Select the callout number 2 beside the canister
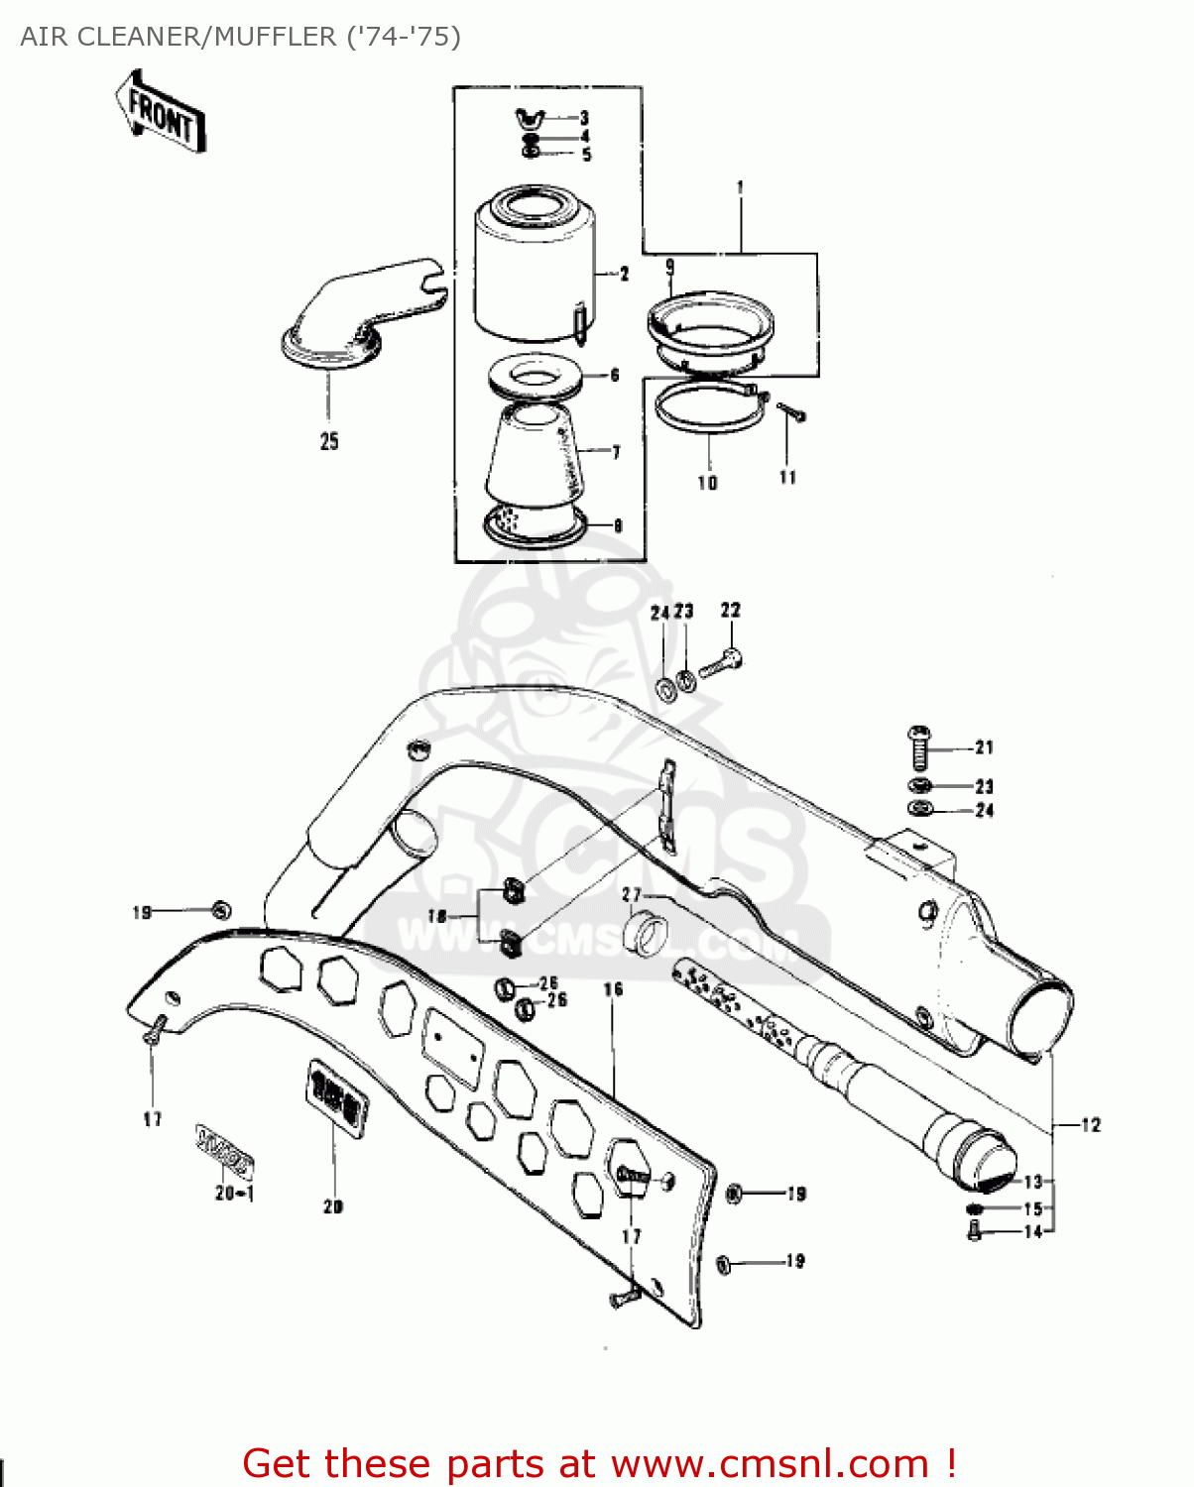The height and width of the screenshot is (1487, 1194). click(x=624, y=274)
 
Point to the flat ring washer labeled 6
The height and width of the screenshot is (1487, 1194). click(x=535, y=378)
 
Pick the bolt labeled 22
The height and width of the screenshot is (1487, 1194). click(x=720, y=662)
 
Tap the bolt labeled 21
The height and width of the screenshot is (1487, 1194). click(x=919, y=748)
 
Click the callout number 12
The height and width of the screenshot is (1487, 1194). click(x=1091, y=1125)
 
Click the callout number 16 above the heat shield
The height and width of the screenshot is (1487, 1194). click(x=613, y=989)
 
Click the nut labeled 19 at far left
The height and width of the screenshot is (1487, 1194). click(x=220, y=909)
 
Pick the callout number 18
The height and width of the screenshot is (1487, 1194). click(x=437, y=916)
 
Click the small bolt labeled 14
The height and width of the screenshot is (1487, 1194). click(x=973, y=1232)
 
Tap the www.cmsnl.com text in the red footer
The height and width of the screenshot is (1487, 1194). click(x=770, y=1463)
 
